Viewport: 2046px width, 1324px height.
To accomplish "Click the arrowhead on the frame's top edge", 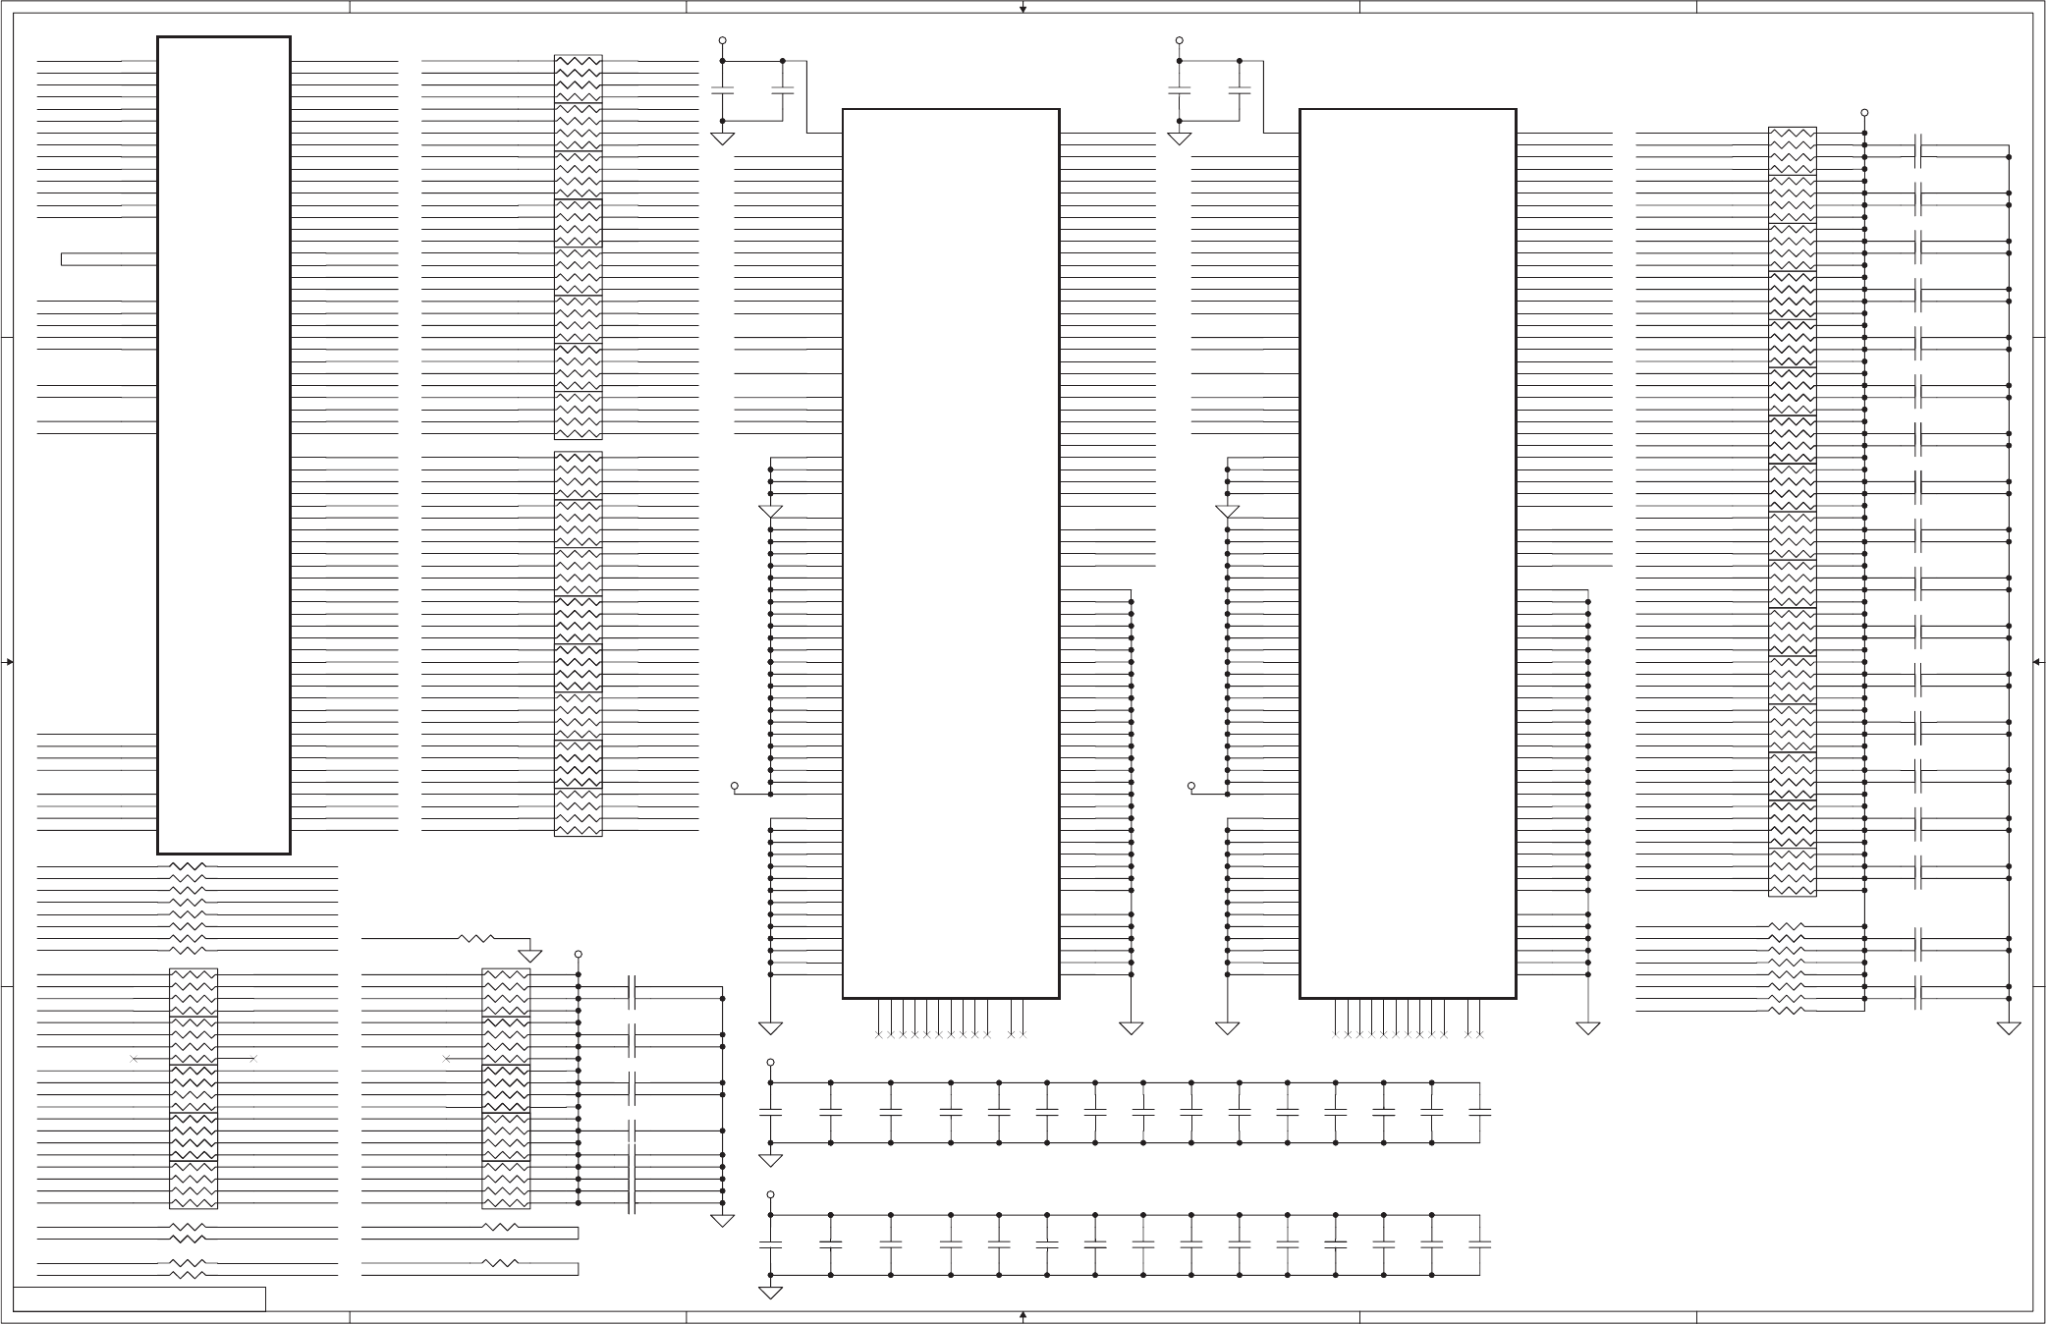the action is (1023, 9).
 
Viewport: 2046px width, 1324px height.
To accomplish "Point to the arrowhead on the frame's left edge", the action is (10, 662).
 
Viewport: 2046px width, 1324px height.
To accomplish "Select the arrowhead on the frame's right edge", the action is (2036, 662).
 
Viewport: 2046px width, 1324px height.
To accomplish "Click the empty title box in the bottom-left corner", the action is (139, 1298).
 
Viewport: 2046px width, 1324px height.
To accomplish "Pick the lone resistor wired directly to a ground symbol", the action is (476, 939).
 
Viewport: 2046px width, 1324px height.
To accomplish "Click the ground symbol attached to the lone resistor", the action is (530, 956).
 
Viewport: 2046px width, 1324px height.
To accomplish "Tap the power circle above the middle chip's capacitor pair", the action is (723, 40).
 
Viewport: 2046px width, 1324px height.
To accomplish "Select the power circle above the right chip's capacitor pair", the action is (1180, 40).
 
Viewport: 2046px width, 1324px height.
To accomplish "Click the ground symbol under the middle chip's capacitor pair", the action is (723, 138).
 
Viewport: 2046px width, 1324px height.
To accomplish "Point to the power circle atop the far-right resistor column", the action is (1864, 112).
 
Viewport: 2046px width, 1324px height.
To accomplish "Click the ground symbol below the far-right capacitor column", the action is (2009, 1028).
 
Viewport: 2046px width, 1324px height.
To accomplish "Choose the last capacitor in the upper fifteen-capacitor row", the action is (1479, 1113).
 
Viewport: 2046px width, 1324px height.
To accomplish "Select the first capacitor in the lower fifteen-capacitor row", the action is (771, 1245).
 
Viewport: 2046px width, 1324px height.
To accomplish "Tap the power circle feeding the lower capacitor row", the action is (771, 1194).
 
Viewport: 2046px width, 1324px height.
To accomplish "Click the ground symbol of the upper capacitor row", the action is (771, 1160).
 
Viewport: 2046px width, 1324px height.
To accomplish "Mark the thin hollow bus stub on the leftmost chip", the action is (108, 259).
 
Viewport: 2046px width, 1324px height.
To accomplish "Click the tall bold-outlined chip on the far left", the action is (224, 445).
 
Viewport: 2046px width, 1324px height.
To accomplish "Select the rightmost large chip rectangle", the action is (1408, 553).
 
